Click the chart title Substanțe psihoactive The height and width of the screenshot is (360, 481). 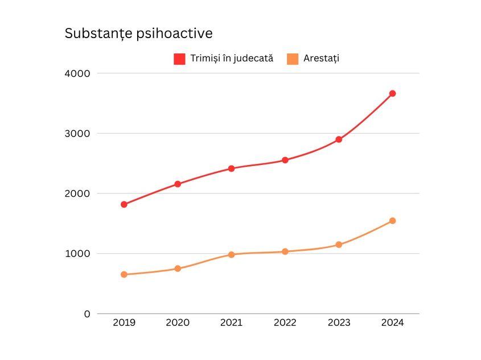pos(138,34)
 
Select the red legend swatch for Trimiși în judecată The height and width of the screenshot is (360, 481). pos(179,59)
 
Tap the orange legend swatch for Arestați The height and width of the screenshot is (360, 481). pos(293,59)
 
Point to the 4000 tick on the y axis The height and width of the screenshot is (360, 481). pos(78,73)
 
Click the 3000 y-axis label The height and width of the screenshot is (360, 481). pos(78,134)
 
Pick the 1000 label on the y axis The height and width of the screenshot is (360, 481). pos(79,254)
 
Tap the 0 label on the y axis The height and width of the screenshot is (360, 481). pos(87,314)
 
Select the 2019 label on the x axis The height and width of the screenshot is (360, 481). pos(124,323)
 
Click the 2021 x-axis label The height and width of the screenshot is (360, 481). pos(231,323)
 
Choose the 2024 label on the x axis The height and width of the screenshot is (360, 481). pos(392,323)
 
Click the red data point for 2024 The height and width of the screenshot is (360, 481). pos(392,93)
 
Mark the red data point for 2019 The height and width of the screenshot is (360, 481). pos(124,204)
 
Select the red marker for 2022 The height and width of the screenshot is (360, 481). pos(285,160)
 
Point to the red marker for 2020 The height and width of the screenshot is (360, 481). pos(178,184)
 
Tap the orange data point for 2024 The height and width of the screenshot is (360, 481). pos(392,221)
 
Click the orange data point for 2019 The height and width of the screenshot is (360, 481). pos(124,275)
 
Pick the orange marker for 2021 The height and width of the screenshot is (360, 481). pos(231,254)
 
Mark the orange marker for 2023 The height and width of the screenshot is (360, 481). pos(339,245)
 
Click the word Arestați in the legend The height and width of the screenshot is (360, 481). pos(321,58)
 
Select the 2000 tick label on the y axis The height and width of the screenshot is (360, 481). pos(78,193)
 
